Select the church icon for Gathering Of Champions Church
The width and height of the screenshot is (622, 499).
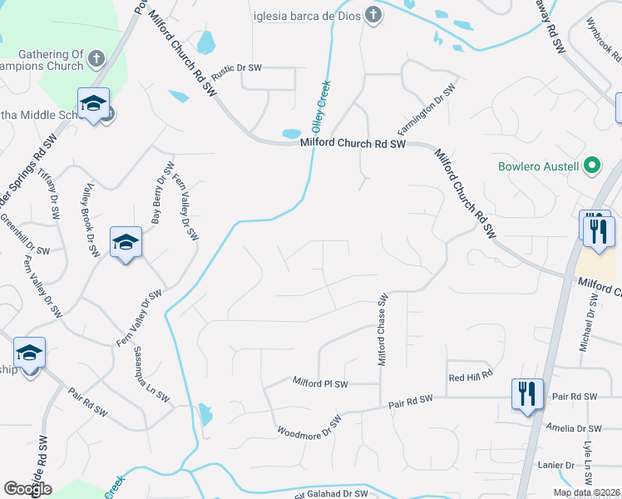[x=97, y=59]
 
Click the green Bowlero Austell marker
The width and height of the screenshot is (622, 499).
[x=591, y=166]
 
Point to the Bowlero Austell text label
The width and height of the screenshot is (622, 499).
[x=538, y=166]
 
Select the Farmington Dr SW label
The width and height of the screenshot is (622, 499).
[x=426, y=111]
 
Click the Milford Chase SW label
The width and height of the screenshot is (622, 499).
[x=383, y=329]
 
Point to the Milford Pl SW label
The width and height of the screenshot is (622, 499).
[x=320, y=383]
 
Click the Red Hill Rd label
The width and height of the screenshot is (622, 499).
[x=471, y=377]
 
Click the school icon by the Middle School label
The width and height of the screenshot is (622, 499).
[x=93, y=105]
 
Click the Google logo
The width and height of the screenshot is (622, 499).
[x=27, y=489]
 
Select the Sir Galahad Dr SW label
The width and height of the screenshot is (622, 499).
[x=331, y=495]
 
